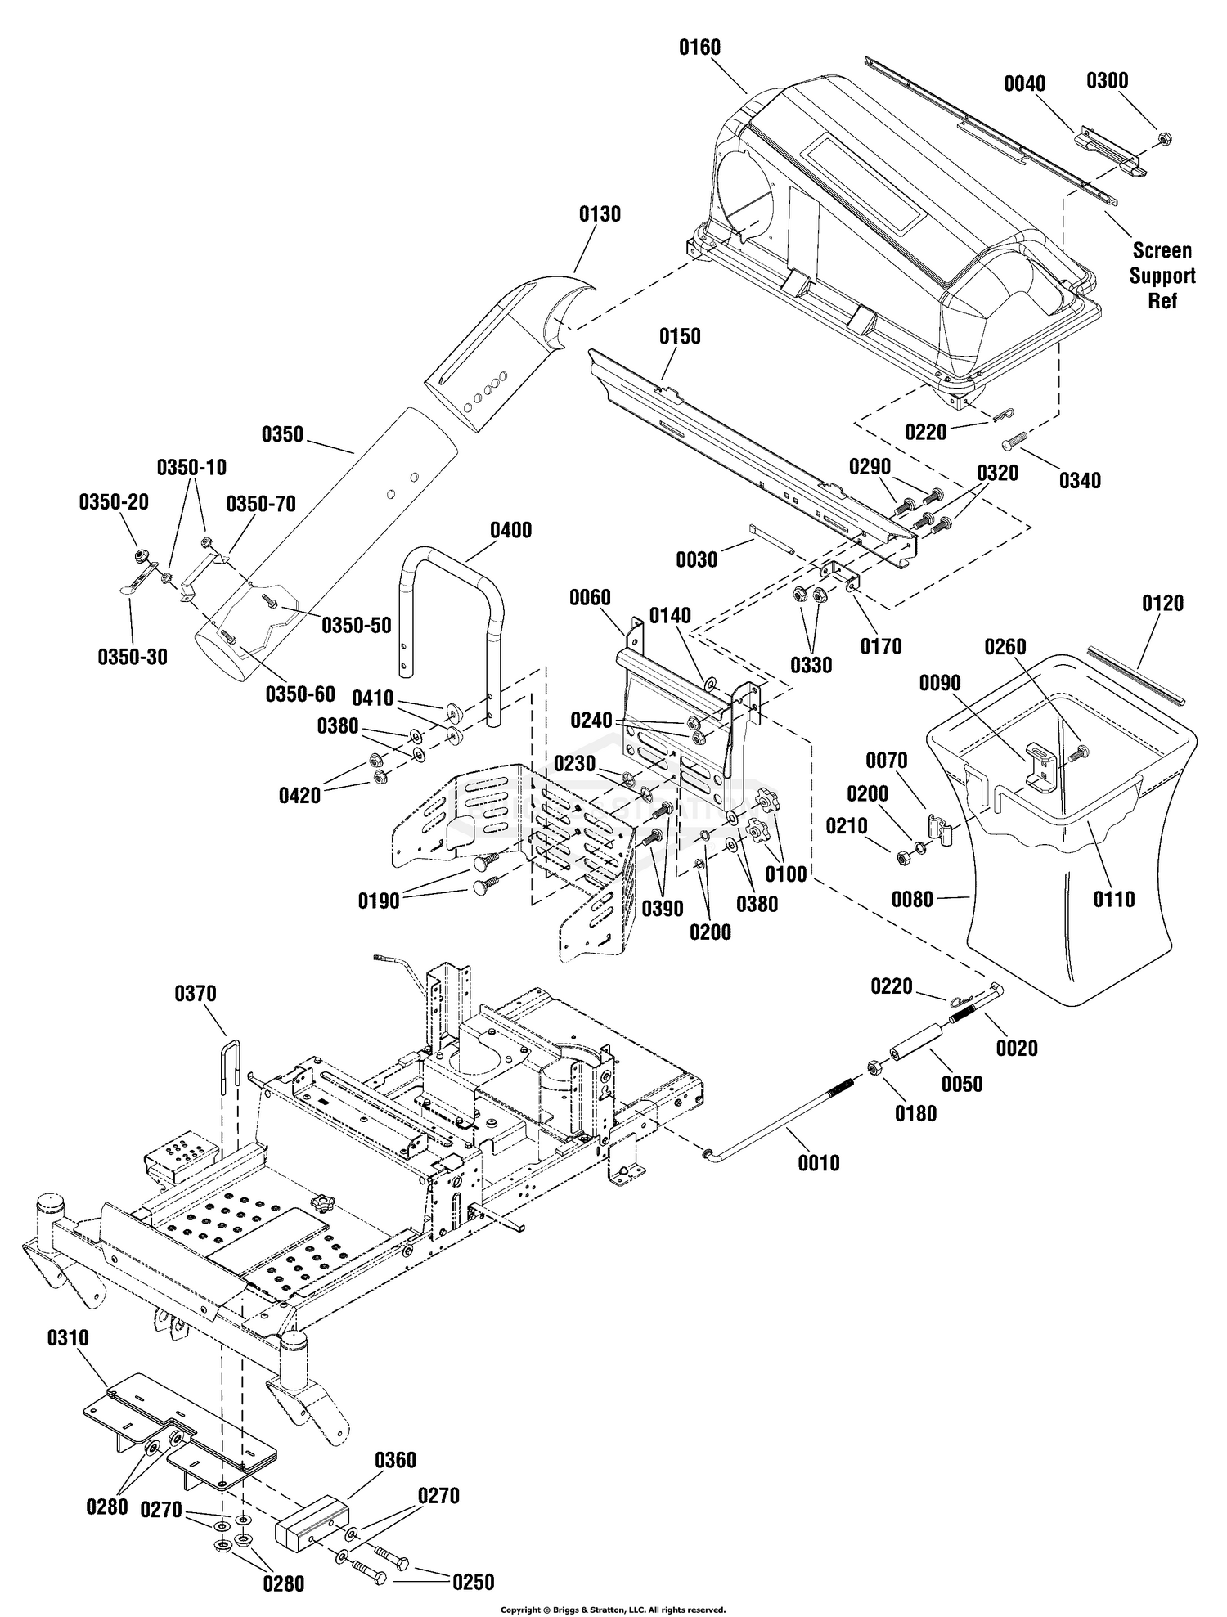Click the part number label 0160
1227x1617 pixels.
[x=699, y=47]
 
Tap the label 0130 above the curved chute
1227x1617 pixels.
[x=600, y=214]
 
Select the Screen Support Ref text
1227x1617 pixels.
[x=1162, y=276]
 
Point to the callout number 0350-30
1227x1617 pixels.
[x=132, y=657]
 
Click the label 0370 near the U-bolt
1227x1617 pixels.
[x=195, y=994]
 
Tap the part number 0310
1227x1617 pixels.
[x=68, y=1338]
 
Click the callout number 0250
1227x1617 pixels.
[x=473, y=1583]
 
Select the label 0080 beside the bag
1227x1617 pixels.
[x=912, y=899]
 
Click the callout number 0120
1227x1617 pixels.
[x=1162, y=604]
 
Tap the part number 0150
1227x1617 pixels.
[x=680, y=336]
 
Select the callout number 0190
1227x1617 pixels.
[x=379, y=901]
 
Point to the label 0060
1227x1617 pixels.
[x=590, y=598]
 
